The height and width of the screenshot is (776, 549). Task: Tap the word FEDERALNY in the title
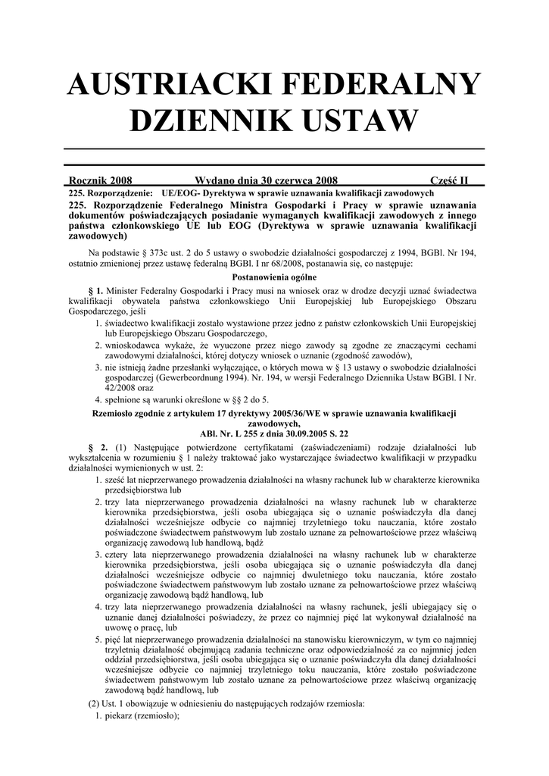pyautogui.click(x=378, y=84)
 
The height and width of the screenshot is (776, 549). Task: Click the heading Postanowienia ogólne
pyautogui.click(x=273, y=277)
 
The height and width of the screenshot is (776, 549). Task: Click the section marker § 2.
pyautogui.click(x=98, y=446)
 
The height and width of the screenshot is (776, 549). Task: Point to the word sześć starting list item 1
pyautogui.click(x=117, y=479)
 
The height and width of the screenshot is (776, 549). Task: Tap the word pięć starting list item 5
pyautogui.click(x=116, y=640)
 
